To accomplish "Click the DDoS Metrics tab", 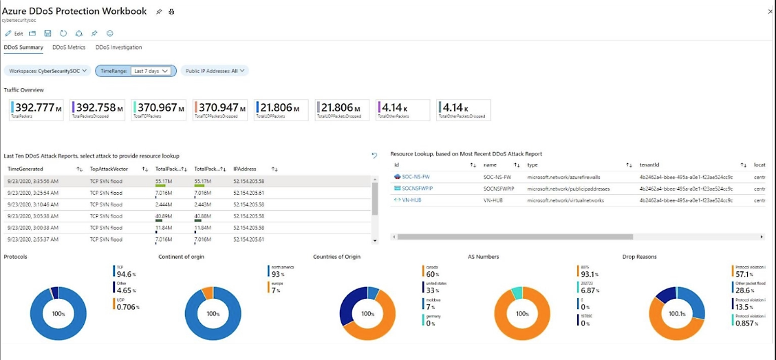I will click(x=69, y=47).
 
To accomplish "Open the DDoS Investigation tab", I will click(x=118, y=47).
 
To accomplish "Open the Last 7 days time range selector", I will click(x=151, y=70).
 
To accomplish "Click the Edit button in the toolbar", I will click(x=14, y=33).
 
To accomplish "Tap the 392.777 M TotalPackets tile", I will click(x=38, y=109).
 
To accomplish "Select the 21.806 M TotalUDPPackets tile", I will click(x=282, y=109).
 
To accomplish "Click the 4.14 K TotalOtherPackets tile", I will click(x=402, y=109).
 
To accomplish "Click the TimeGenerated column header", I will click(x=25, y=169).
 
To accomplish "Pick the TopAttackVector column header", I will click(x=109, y=169).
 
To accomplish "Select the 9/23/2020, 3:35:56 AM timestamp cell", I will click(x=33, y=181).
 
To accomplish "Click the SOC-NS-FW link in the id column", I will click(x=416, y=177).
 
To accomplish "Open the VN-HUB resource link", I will click(x=411, y=200).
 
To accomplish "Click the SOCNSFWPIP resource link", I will click(x=417, y=188).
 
